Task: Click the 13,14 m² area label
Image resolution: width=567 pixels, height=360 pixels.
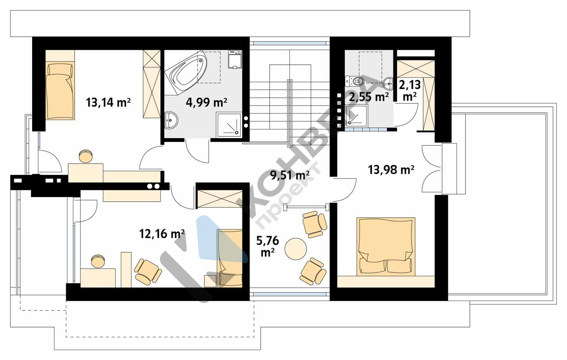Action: click(x=108, y=103)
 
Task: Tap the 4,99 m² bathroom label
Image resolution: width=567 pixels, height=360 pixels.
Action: click(x=206, y=102)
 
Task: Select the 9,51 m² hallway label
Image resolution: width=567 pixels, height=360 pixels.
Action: click(x=290, y=175)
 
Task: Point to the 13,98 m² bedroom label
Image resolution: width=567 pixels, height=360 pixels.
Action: click(x=391, y=169)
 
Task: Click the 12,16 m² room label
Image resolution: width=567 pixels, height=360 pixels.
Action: click(x=162, y=233)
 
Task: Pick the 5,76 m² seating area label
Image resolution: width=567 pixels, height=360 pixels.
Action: click(x=268, y=246)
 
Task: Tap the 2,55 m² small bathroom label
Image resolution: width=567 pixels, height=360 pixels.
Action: click(x=369, y=97)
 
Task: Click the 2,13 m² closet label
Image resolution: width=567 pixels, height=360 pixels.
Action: click(x=410, y=90)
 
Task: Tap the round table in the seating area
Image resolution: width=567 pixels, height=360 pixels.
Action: click(x=296, y=249)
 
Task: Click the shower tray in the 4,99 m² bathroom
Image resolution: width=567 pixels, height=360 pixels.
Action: click(x=228, y=125)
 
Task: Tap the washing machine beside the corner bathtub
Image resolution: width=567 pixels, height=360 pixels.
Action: click(x=235, y=59)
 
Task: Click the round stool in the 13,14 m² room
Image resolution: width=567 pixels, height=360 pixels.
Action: click(x=86, y=156)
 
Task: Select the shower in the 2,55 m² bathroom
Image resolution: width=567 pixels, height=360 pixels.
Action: click(x=356, y=116)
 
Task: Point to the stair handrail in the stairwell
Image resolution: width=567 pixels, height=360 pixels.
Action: click(x=289, y=113)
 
